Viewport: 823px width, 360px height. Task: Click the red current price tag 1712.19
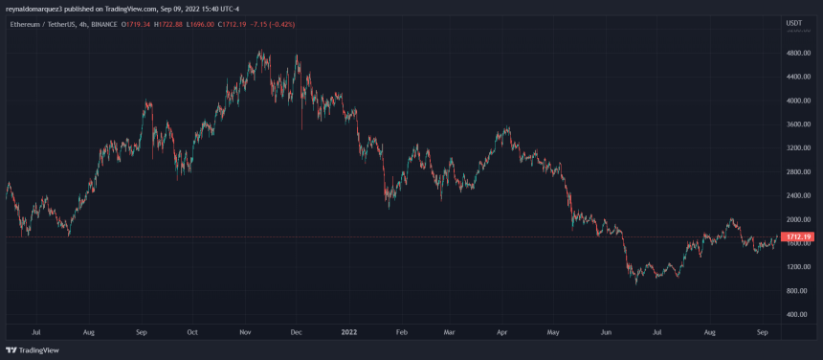click(x=799, y=236)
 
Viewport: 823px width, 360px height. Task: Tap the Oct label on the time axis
click(x=192, y=332)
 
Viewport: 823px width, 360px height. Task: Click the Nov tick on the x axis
click(x=245, y=332)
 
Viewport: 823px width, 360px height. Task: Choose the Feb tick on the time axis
click(x=402, y=332)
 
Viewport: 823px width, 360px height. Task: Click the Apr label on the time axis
click(x=502, y=332)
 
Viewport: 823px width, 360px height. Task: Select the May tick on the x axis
click(x=552, y=332)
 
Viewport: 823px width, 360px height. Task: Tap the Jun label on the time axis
click(x=605, y=332)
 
